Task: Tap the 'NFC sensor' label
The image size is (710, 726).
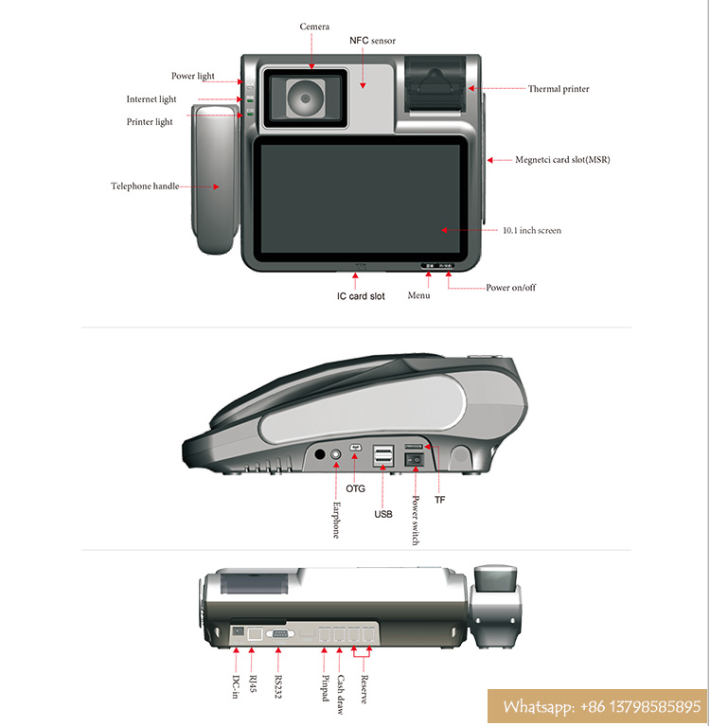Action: (x=372, y=41)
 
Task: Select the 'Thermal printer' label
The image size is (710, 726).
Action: (x=559, y=89)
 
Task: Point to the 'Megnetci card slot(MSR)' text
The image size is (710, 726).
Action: (x=562, y=160)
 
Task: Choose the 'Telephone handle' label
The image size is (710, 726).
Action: (x=145, y=186)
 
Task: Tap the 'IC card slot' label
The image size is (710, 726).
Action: (x=361, y=296)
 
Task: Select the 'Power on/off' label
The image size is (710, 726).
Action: (x=510, y=288)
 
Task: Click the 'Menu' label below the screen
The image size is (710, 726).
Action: (x=418, y=295)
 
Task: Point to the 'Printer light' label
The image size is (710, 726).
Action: (x=151, y=122)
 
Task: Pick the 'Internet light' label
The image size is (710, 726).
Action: (x=151, y=99)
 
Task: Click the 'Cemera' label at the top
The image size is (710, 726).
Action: (x=314, y=27)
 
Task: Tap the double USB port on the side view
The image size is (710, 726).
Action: (x=382, y=457)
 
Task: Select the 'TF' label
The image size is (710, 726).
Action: (x=439, y=499)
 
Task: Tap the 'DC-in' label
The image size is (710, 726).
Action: (x=235, y=684)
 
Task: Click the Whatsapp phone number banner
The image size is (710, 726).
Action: (x=600, y=706)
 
